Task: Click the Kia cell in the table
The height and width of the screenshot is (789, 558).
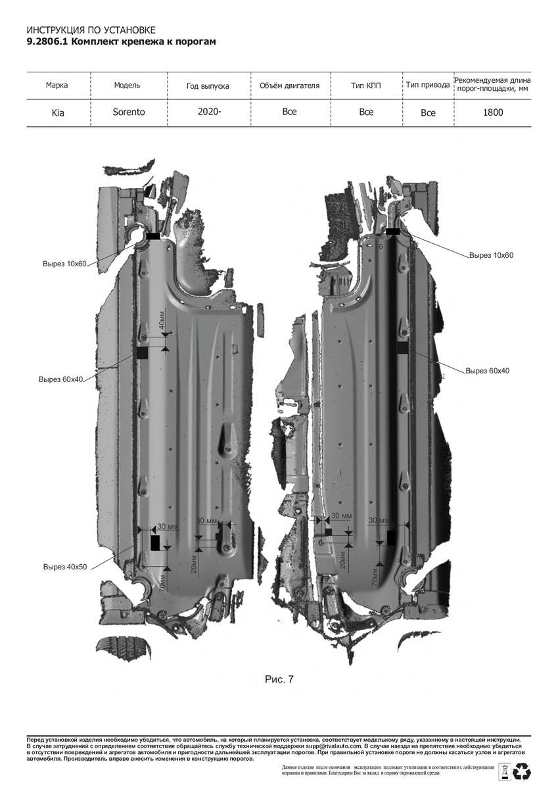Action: tap(58, 112)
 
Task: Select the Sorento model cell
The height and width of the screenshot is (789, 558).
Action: tap(128, 112)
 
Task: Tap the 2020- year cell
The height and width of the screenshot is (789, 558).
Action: tap(209, 112)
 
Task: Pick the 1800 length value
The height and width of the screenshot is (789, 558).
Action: tap(492, 112)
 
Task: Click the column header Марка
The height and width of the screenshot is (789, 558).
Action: tap(57, 85)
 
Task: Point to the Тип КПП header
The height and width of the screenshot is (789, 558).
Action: tap(365, 85)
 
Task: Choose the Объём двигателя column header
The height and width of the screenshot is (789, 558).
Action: tap(289, 85)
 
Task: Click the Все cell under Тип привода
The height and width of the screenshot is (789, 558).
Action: tap(428, 112)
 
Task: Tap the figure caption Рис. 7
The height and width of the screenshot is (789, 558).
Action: tap(279, 679)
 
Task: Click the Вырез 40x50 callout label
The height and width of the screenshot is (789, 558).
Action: tap(65, 567)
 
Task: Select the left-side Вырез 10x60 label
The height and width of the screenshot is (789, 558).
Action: tap(64, 264)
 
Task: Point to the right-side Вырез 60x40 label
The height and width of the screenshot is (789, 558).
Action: tap(487, 371)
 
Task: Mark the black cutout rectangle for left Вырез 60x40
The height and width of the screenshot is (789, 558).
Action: tap(142, 353)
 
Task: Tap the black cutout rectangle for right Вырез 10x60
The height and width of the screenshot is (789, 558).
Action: tap(393, 231)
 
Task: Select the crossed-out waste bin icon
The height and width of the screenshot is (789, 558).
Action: tap(505, 771)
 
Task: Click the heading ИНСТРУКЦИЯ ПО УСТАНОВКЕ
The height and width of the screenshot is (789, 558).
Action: tap(91, 30)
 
